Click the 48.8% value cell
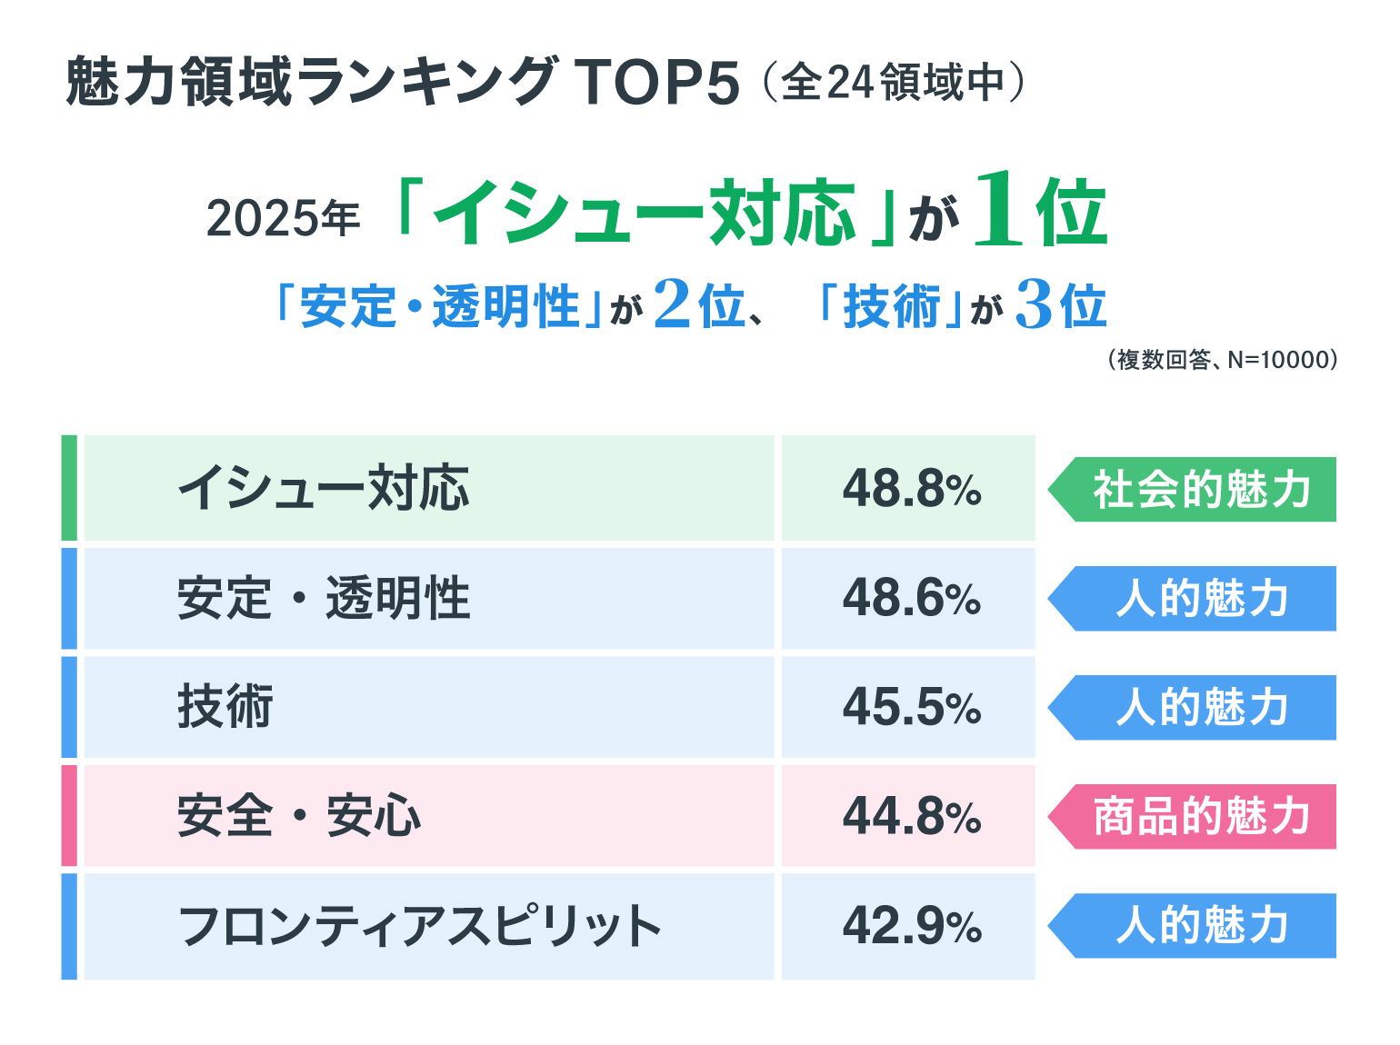click(x=911, y=489)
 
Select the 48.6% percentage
click(x=911, y=599)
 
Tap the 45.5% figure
click(x=911, y=707)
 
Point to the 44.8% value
click(x=911, y=816)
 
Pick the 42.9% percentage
click(x=911, y=926)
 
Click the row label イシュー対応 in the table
click(x=324, y=489)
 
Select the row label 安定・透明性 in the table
click(x=324, y=599)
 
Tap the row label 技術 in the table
click(x=225, y=707)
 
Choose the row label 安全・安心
click(x=299, y=816)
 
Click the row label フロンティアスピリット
click(x=419, y=926)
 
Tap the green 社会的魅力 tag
click(x=1199, y=490)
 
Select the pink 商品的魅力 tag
click(x=1199, y=817)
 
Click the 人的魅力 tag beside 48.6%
click(x=1199, y=599)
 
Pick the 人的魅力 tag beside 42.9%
click(x=1199, y=926)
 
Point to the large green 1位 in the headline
click(x=1040, y=212)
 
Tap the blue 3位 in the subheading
click(x=1060, y=305)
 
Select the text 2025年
click(x=283, y=219)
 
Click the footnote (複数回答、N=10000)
click(x=1222, y=361)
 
